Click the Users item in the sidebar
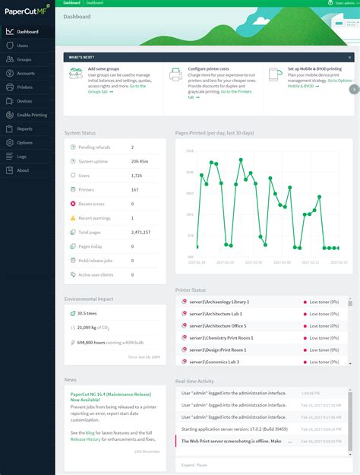click(23, 46)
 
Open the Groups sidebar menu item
click(24, 59)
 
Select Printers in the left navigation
click(25, 87)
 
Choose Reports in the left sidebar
click(24, 128)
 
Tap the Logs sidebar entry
click(22, 157)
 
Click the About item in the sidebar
click(23, 170)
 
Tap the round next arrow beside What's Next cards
click(354, 89)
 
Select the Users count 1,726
click(137, 176)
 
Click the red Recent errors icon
click(72, 204)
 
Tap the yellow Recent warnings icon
click(72, 218)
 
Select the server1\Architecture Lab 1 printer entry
click(217, 314)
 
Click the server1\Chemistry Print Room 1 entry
click(222, 337)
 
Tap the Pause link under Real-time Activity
click(202, 464)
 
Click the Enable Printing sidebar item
click(31, 115)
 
